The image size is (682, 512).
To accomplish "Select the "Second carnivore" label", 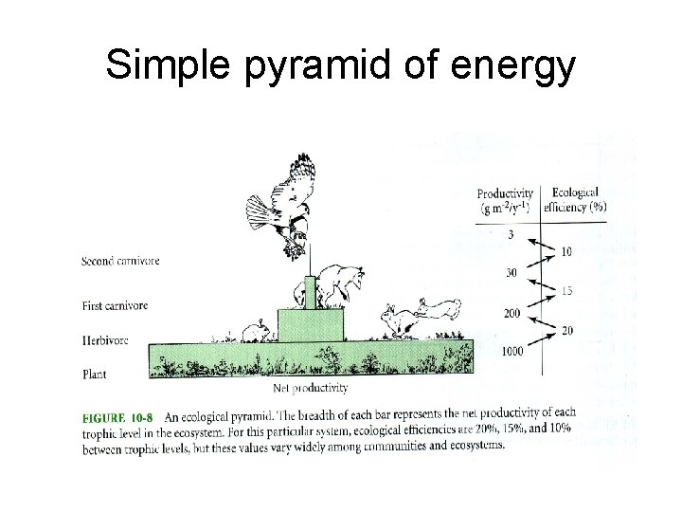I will pyautogui.click(x=120, y=261).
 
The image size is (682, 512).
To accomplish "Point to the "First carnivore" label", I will pyautogui.click(x=115, y=305).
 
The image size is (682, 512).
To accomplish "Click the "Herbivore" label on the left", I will pyautogui.click(x=104, y=338).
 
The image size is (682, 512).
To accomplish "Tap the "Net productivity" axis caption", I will pyautogui.click(x=311, y=387).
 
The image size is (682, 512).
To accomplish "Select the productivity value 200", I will pyautogui.click(x=513, y=313).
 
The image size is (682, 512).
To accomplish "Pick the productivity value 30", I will pyautogui.click(x=511, y=273).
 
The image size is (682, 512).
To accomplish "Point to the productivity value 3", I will pyautogui.click(x=511, y=233).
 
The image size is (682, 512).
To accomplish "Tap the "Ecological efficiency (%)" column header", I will pyautogui.click(x=579, y=199).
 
